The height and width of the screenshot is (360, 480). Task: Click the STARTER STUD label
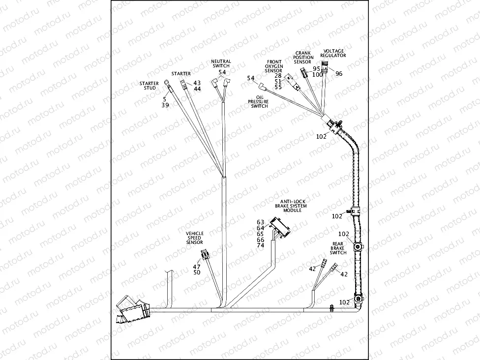click(149, 86)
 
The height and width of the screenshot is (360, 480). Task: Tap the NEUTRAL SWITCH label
click(221, 63)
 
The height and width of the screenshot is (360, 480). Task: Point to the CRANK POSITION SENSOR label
click(303, 58)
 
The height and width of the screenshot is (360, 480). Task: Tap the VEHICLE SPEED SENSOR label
click(194, 238)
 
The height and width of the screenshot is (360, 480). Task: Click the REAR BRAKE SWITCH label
click(338, 248)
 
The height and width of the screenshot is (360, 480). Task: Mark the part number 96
click(339, 74)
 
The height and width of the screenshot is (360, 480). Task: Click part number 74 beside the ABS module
click(261, 245)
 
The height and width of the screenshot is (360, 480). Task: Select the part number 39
click(165, 105)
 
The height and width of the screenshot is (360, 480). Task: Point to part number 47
click(197, 266)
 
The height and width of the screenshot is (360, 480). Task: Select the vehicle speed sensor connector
click(205, 255)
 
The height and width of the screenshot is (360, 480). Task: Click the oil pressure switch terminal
click(263, 90)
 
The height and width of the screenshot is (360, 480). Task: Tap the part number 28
click(278, 75)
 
